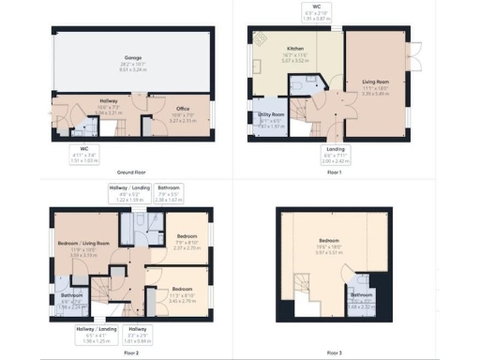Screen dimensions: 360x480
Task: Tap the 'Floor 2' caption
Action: [x=130, y=352]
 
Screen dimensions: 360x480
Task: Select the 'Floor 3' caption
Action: [x=335, y=352]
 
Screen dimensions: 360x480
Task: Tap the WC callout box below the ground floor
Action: [x=84, y=155]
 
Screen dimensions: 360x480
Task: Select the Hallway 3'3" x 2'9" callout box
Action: [x=138, y=333]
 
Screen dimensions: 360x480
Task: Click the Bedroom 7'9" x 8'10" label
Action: [x=187, y=241]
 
